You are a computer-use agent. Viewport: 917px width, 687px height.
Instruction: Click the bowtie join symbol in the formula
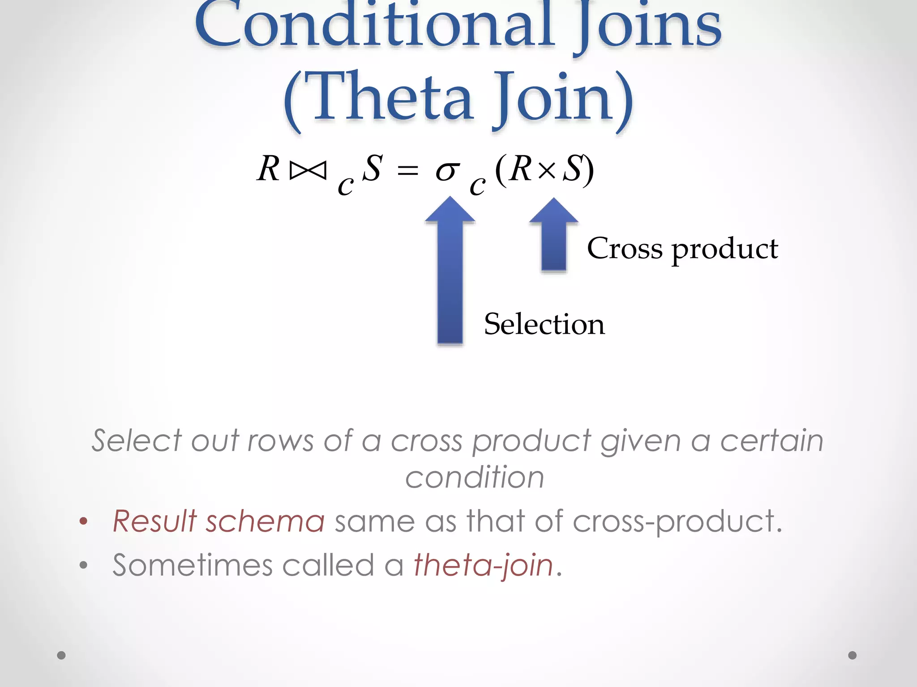click(x=308, y=170)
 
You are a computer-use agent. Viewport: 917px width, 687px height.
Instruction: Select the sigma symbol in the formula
click(x=447, y=171)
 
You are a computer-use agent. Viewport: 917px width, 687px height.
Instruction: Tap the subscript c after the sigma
click(x=477, y=185)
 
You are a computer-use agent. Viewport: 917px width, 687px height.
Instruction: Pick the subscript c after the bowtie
click(x=345, y=185)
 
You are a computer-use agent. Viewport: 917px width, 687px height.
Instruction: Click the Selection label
click(x=544, y=324)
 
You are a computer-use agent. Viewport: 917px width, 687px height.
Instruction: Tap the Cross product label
click(x=682, y=249)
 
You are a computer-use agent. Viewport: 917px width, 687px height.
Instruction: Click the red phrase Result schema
click(x=219, y=521)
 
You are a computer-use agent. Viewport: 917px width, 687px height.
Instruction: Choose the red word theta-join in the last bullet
click(x=484, y=565)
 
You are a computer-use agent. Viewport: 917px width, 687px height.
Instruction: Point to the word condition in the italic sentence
click(x=475, y=477)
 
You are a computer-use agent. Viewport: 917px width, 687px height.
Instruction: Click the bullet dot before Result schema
click(x=83, y=521)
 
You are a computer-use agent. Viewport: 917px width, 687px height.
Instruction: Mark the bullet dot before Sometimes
click(x=83, y=565)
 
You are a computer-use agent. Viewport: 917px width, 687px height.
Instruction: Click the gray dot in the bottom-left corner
click(x=61, y=655)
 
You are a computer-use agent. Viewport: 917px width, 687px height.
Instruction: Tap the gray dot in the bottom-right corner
click(x=853, y=655)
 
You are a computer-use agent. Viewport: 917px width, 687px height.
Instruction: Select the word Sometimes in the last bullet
click(x=193, y=565)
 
